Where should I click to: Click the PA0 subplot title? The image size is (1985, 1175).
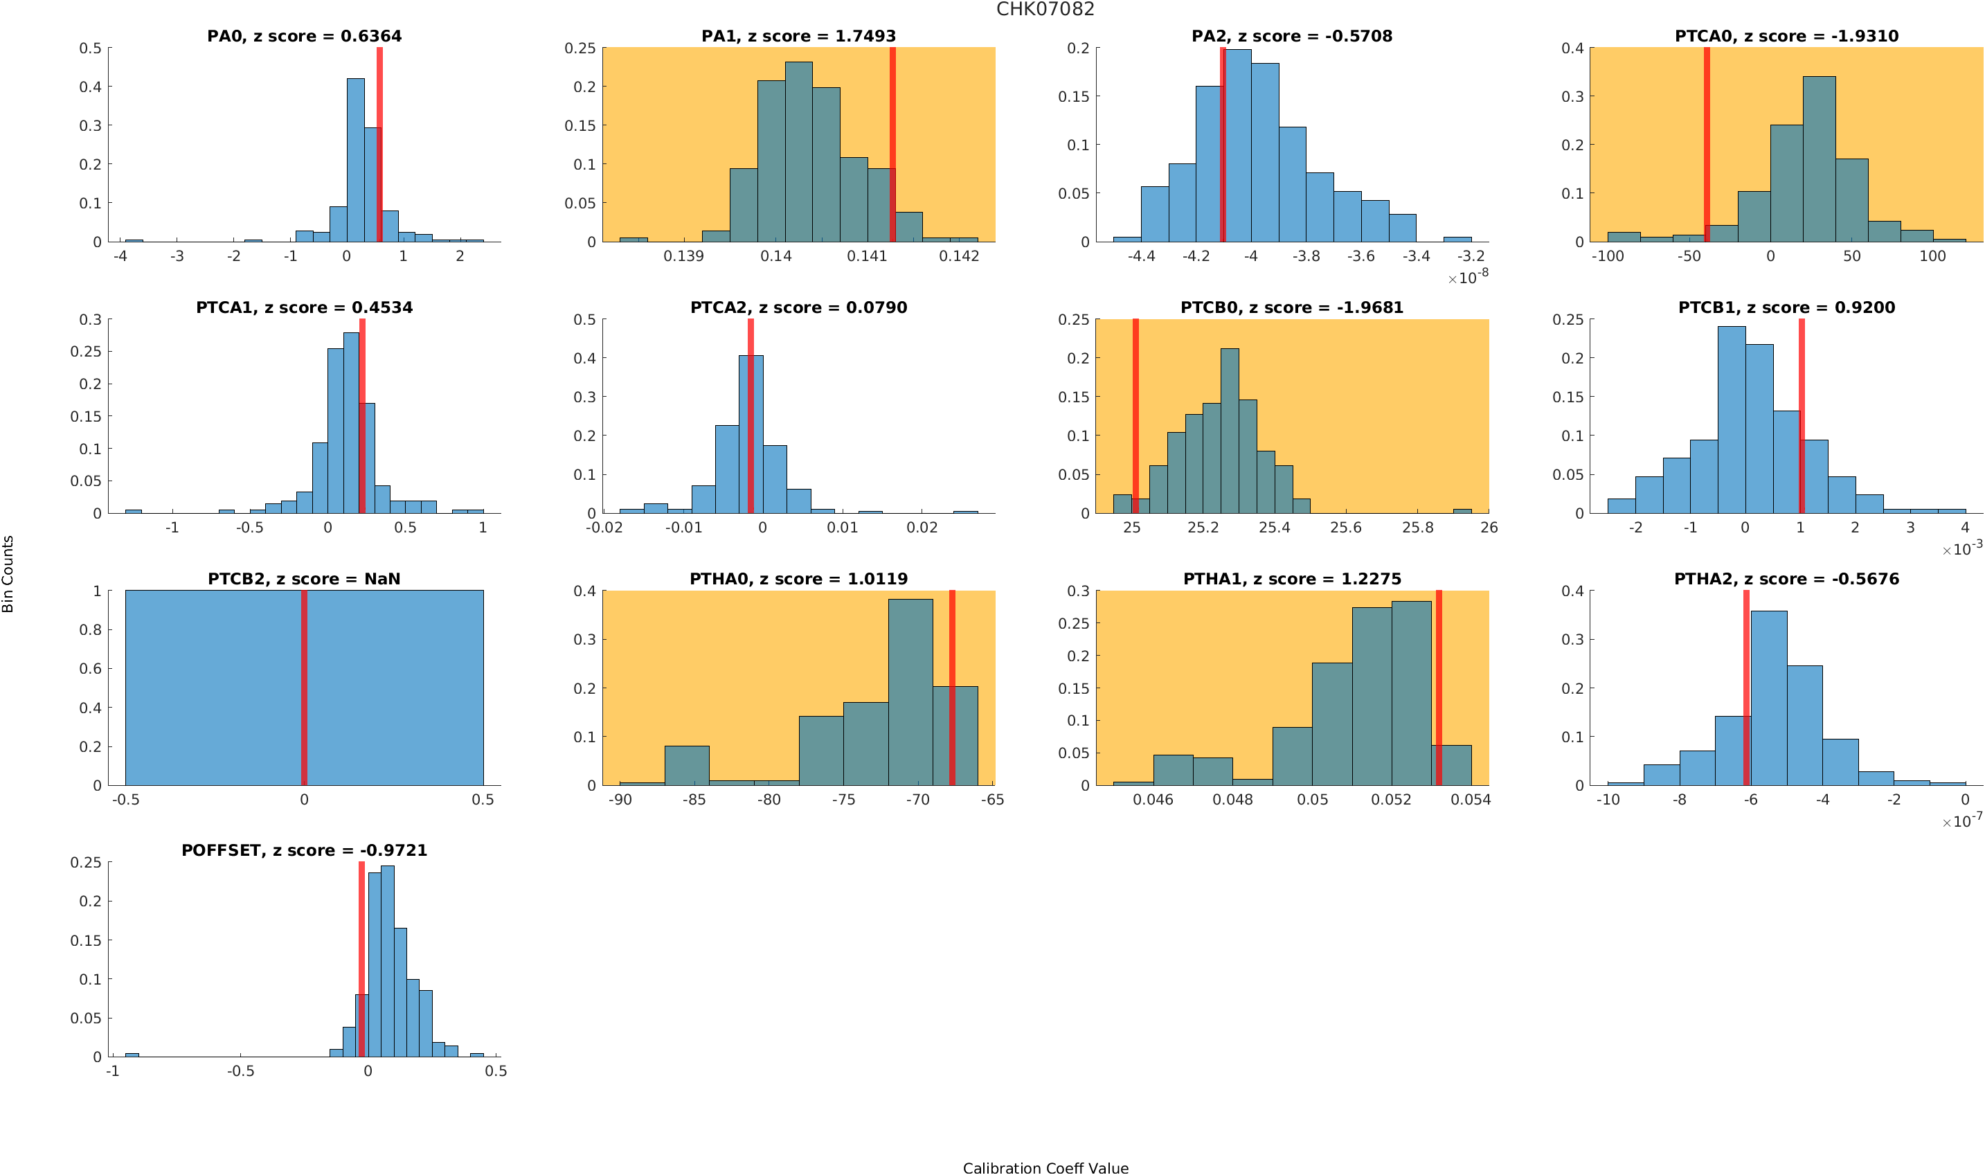pos(304,37)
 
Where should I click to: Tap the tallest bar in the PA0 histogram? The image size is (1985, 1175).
pos(355,159)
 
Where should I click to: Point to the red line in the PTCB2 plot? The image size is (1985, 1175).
pos(304,688)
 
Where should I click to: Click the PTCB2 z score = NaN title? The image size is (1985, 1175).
pos(304,579)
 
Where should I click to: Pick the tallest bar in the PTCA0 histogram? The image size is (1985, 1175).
pos(1819,159)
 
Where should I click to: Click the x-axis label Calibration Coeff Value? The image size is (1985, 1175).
pos(1045,1167)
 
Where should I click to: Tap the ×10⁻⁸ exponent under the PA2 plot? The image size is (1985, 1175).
pos(1468,278)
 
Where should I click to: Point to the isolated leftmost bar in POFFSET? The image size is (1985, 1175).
pos(132,1055)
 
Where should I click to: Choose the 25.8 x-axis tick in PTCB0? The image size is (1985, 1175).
pos(1417,528)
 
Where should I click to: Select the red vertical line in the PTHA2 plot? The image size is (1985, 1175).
pos(1746,688)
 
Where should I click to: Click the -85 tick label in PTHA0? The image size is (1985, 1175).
pos(694,800)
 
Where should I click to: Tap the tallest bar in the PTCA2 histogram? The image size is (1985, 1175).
pos(751,434)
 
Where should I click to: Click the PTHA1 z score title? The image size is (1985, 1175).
pos(1291,579)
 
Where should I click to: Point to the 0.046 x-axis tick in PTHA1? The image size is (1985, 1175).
pos(1153,800)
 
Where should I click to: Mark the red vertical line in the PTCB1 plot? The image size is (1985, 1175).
pos(1802,415)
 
